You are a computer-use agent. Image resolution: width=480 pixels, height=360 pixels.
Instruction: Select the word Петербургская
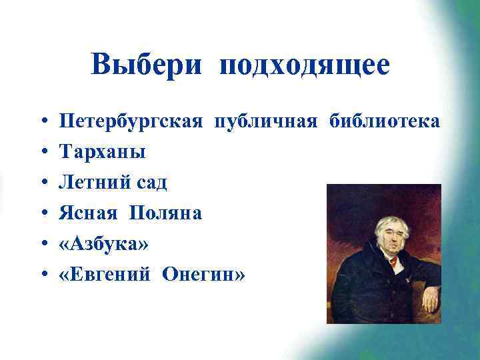point(131,122)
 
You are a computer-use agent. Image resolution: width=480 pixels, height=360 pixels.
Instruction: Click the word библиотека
point(383,122)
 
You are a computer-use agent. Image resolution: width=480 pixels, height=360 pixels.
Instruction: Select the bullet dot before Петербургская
point(42,123)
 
